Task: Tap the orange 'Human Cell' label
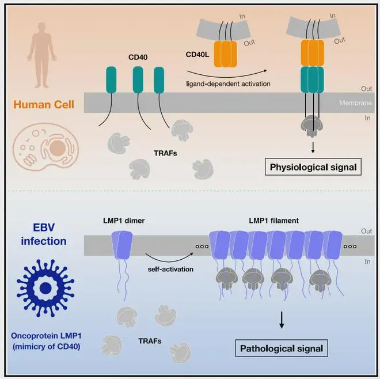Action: click(44, 104)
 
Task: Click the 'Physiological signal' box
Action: click(313, 167)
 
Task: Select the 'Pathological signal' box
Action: click(282, 348)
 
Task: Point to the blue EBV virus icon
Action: click(45, 288)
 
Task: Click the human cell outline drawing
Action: click(45, 147)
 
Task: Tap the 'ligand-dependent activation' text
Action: click(229, 84)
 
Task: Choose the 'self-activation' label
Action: click(170, 269)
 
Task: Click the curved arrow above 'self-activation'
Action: click(169, 259)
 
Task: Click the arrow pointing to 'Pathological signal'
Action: click(282, 320)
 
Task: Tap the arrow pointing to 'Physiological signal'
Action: click(313, 147)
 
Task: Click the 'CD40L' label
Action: click(197, 55)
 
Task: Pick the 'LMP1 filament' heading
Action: click(274, 221)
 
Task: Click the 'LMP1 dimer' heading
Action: click(124, 221)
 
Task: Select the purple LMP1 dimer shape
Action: click(122, 245)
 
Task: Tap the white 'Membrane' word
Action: click(355, 103)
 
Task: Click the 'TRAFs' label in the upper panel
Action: click(165, 153)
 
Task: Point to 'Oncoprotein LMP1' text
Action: click(46, 336)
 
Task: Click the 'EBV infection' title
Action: click(44, 234)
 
